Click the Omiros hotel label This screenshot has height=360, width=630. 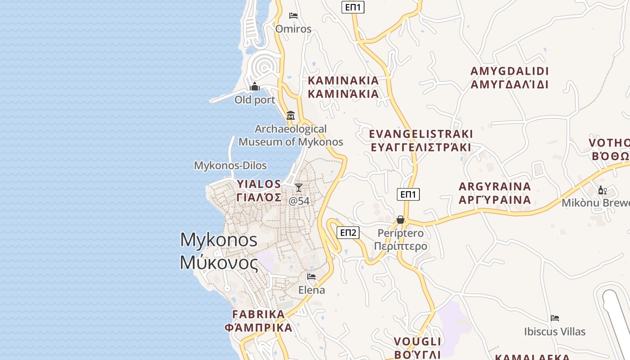coord(293,29)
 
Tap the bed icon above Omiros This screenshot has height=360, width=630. coord(293,16)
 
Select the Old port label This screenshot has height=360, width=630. coord(255,100)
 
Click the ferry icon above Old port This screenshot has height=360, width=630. coord(255,86)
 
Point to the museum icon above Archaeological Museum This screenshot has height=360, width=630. coord(291,116)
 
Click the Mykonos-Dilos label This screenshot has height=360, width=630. coord(230,166)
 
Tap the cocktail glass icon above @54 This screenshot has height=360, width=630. coord(299,187)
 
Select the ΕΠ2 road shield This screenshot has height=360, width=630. coord(348,233)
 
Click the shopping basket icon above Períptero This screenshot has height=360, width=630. coord(400,220)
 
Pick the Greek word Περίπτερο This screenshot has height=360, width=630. coord(400,247)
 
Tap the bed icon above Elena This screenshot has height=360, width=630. coord(311,276)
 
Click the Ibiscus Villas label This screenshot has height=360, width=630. coord(555,332)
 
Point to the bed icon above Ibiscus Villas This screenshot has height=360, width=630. coord(555,318)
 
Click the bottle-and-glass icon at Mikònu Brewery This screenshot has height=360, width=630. coord(603,190)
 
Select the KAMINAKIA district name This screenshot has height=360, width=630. coord(343,81)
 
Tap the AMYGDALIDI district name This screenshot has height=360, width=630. coord(509,72)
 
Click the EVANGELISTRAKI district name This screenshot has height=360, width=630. coord(421,134)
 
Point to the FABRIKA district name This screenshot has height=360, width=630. coord(259,314)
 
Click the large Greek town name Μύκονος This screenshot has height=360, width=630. coord(219,263)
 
